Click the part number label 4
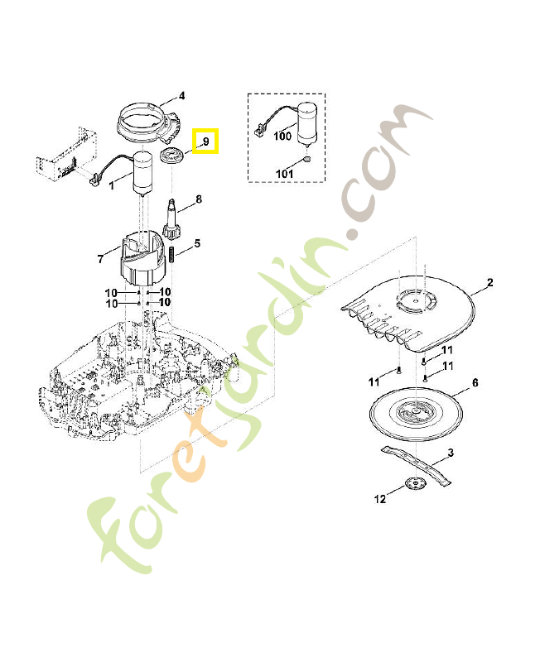pyautogui.click(x=181, y=95)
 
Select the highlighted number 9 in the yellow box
pyautogui.click(x=205, y=142)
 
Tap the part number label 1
pyautogui.click(x=112, y=185)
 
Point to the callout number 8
pyautogui.click(x=199, y=199)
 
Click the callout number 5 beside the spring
pyautogui.click(x=197, y=243)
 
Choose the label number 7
pyautogui.click(x=100, y=259)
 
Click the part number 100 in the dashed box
pyautogui.click(x=282, y=137)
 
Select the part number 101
pyautogui.click(x=284, y=174)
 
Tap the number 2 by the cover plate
pyautogui.click(x=489, y=284)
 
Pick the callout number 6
pyautogui.click(x=475, y=383)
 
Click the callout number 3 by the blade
pyautogui.click(x=451, y=453)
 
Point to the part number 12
pyautogui.click(x=381, y=499)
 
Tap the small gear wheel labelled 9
pyautogui.click(x=173, y=157)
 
